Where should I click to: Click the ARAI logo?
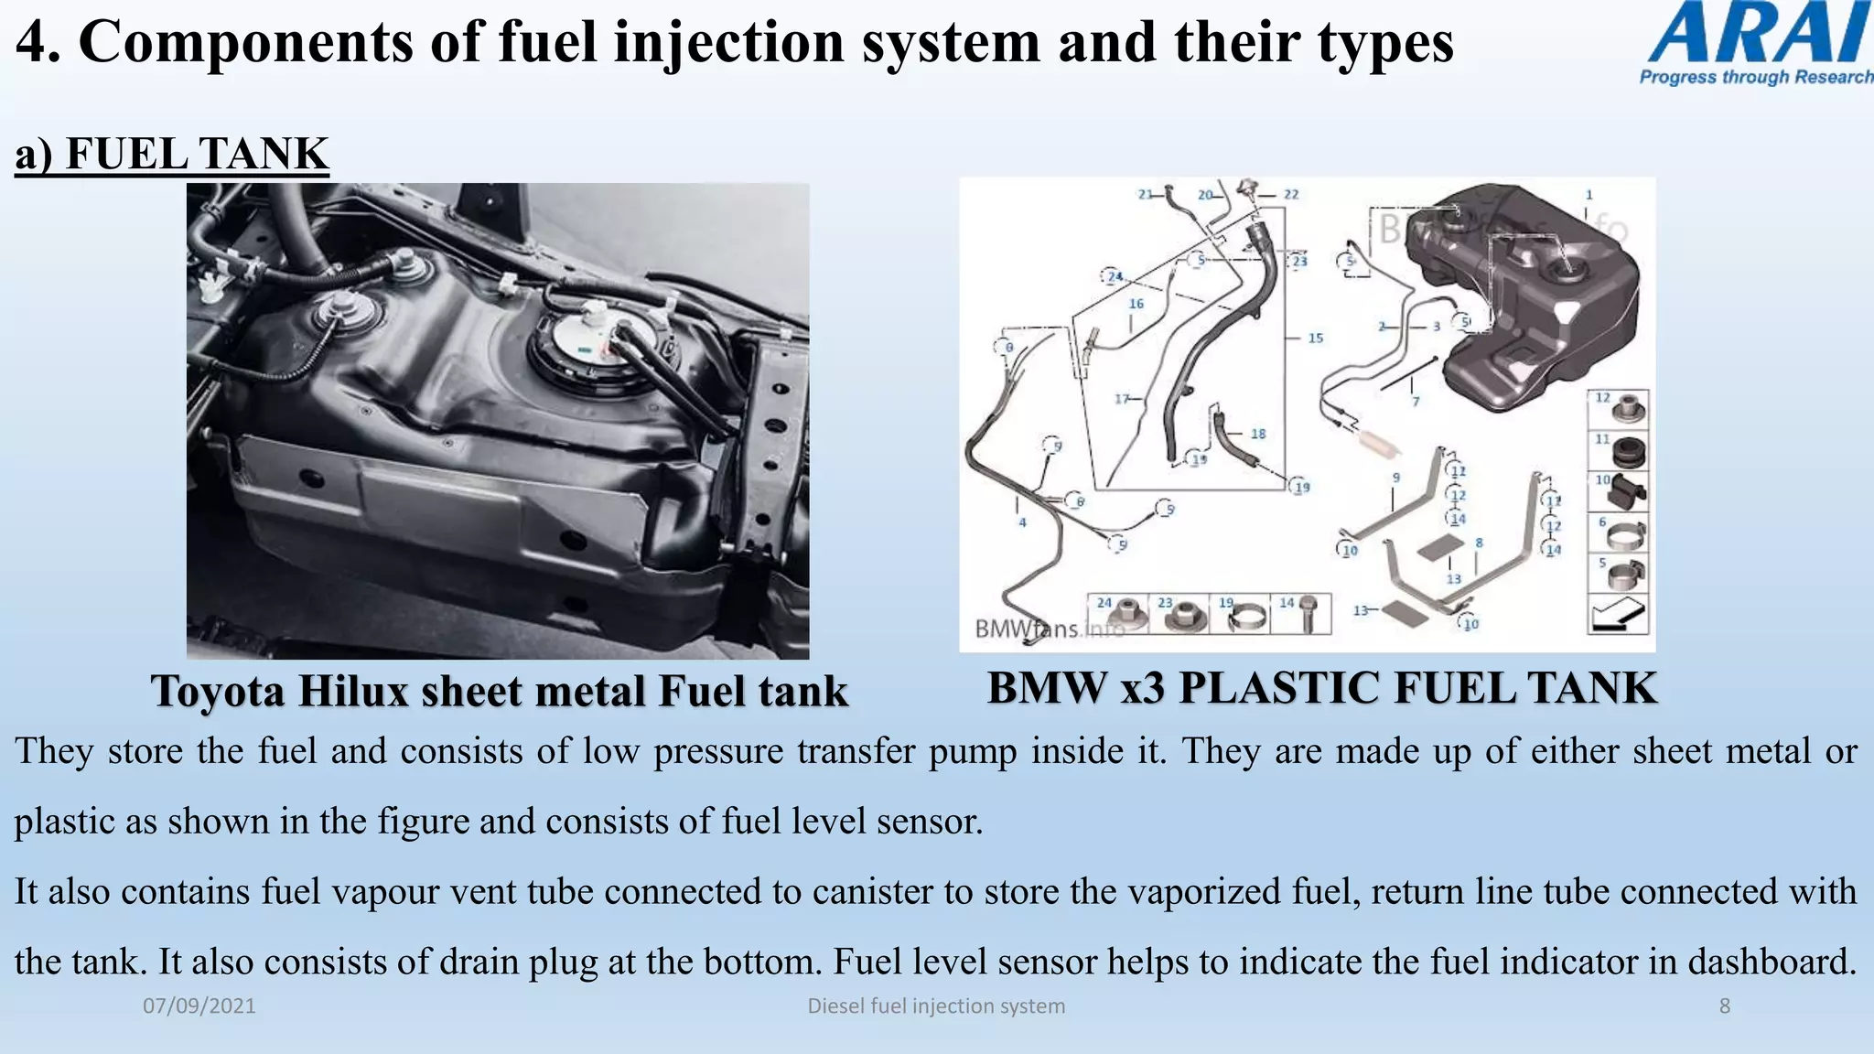(1757, 44)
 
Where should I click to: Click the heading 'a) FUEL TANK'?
(171, 154)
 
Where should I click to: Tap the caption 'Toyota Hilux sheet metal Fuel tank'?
(500, 691)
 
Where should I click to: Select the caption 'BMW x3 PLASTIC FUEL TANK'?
(1321, 688)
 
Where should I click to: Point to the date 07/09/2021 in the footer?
(199, 1006)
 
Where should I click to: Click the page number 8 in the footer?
(1724, 1006)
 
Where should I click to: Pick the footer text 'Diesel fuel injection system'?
(936, 1006)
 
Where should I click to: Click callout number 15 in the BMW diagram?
(1315, 339)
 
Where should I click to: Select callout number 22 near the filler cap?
(1290, 195)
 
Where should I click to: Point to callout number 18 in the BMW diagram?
(1258, 435)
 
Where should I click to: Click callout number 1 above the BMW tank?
(1589, 195)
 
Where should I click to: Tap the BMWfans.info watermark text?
(1048, 629)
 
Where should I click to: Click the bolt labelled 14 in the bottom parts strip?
(1309, 616)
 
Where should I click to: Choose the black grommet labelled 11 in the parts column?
(1626, 451)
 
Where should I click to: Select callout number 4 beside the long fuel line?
(1022, 522)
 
